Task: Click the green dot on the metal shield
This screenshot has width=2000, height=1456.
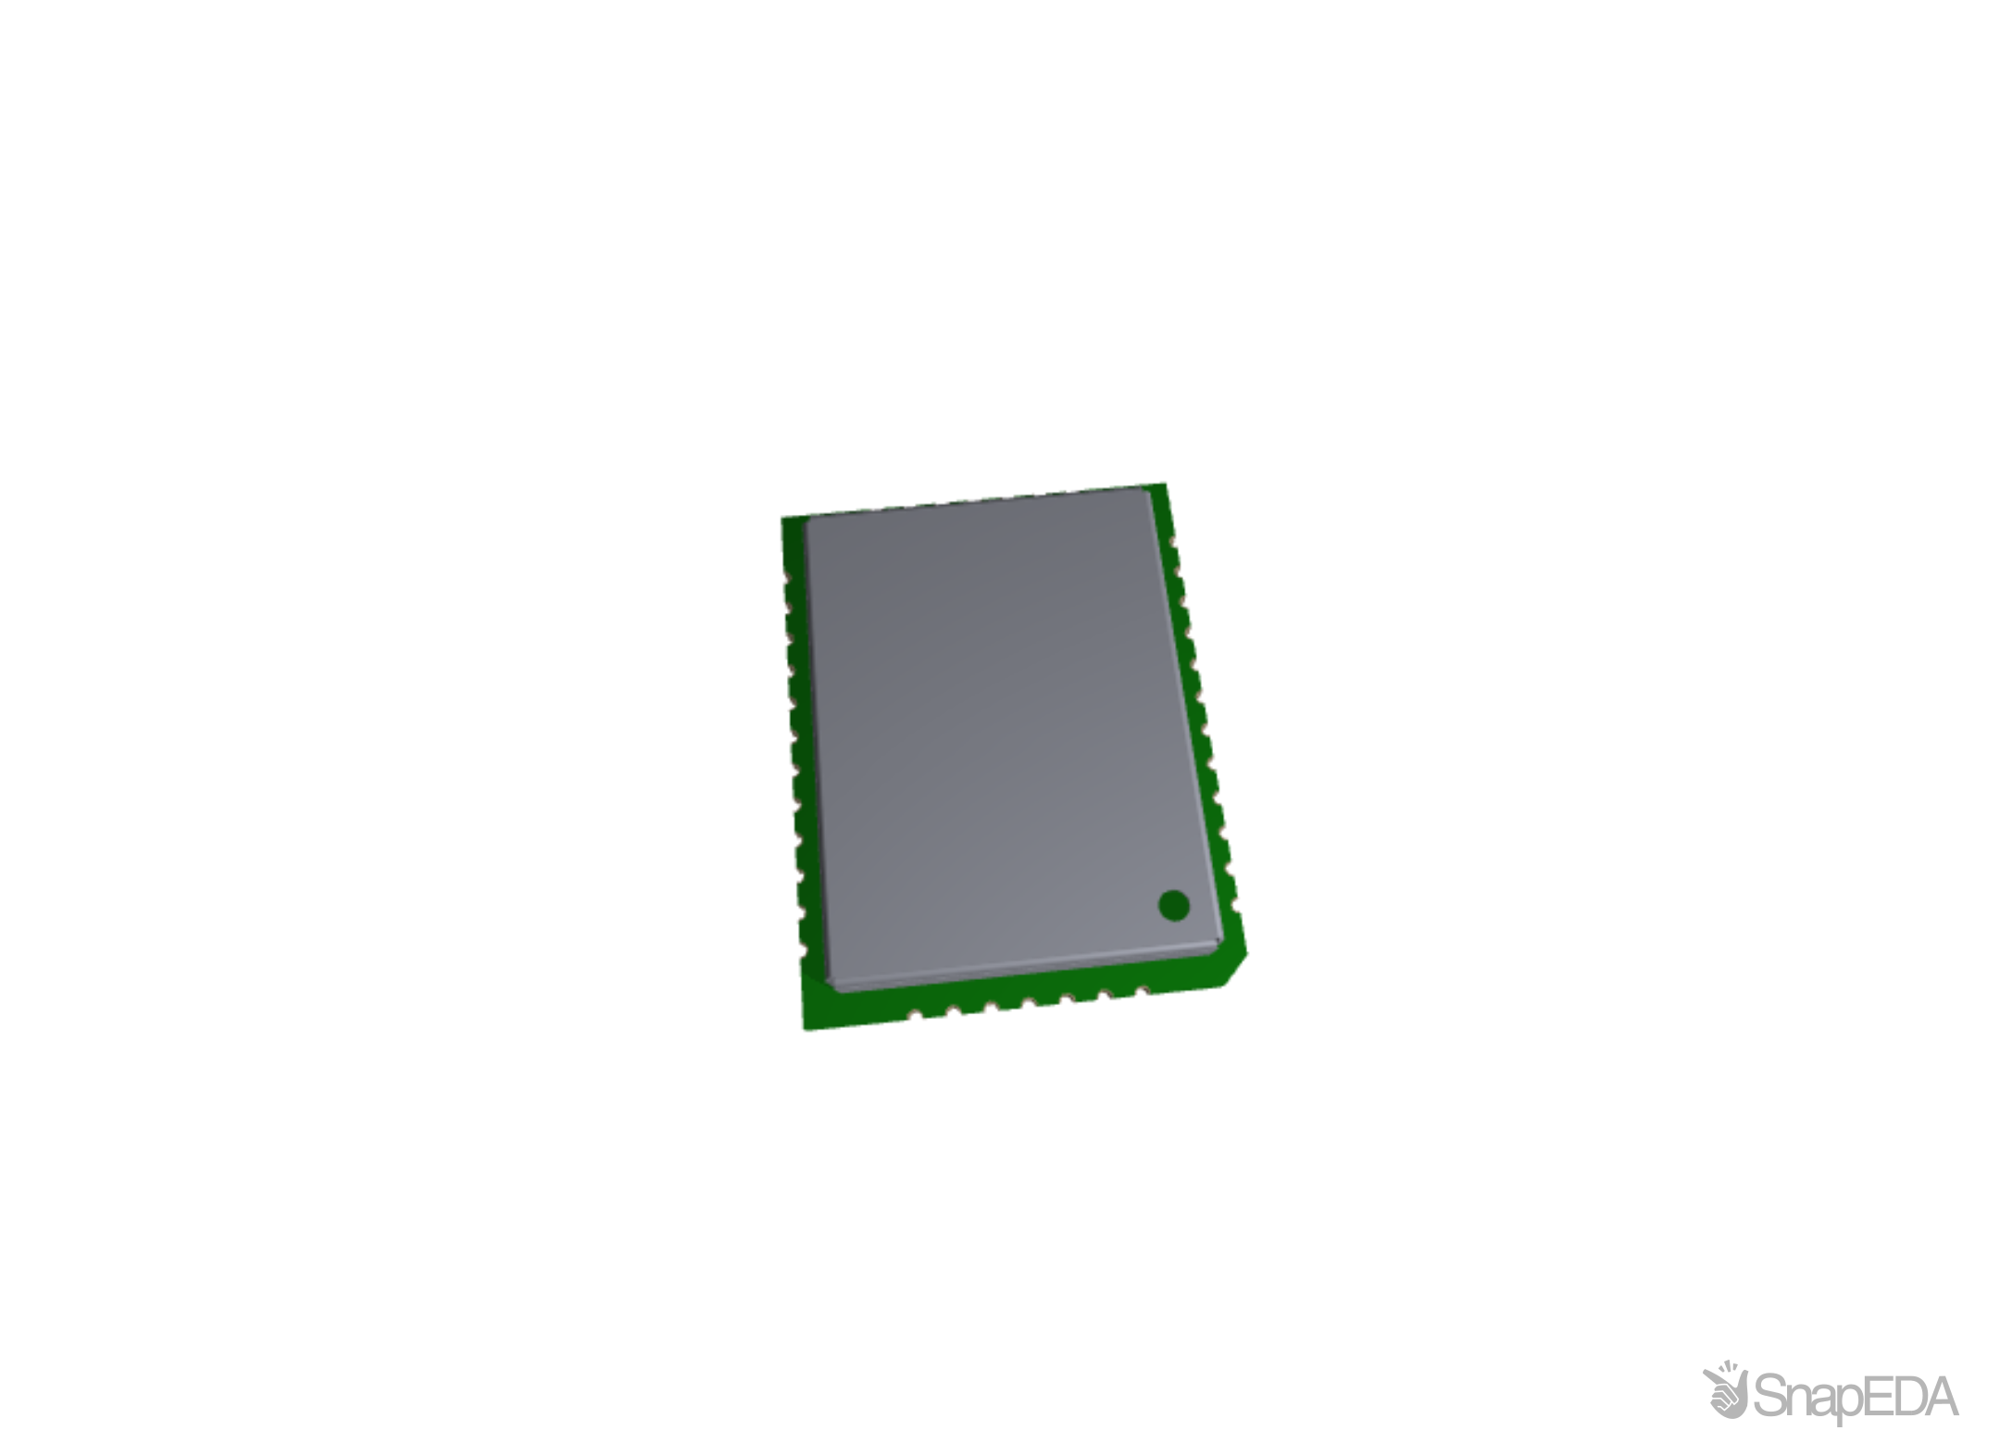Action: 1173,905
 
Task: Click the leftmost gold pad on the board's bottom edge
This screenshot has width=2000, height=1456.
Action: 915,1016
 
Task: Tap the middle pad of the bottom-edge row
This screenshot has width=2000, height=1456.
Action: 1028,1003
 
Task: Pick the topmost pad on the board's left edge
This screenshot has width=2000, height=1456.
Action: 787,578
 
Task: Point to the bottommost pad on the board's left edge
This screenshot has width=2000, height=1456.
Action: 803,951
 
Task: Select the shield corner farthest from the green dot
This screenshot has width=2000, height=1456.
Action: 807,519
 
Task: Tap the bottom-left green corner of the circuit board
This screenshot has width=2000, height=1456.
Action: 804,1028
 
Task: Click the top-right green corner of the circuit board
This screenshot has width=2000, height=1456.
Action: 1167,483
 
